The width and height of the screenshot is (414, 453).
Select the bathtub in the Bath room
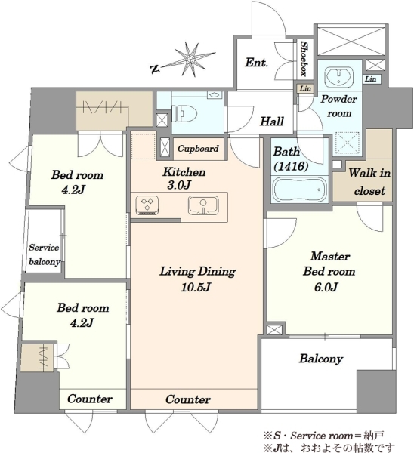coord(299,190)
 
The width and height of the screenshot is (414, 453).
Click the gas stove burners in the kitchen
coord(147,205)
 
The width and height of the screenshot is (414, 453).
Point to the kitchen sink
coord(203,205)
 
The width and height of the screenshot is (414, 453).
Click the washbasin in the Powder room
coord(339,76)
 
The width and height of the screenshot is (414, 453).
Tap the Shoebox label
coord(304,59)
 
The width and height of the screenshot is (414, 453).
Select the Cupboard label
coord(198,149)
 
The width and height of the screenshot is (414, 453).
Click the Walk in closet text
coord(369,182)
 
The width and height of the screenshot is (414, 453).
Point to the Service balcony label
coord(45,255)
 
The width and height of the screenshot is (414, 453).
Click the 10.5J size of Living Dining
coord(196,288)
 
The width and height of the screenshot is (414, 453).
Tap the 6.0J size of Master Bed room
coord(326,287)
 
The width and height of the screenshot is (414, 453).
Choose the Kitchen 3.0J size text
coord(179,185)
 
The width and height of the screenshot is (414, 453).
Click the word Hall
coord(272,122)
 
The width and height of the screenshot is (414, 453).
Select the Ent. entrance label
coord(256,63)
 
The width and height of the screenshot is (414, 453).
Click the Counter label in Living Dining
coord(188,399)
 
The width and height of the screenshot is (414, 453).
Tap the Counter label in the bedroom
coord(90,399)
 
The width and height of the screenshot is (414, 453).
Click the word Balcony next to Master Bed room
coord(321,359)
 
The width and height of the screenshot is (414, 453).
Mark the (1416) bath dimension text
coord(291,166)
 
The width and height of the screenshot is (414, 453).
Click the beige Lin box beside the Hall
coord(305,88)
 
